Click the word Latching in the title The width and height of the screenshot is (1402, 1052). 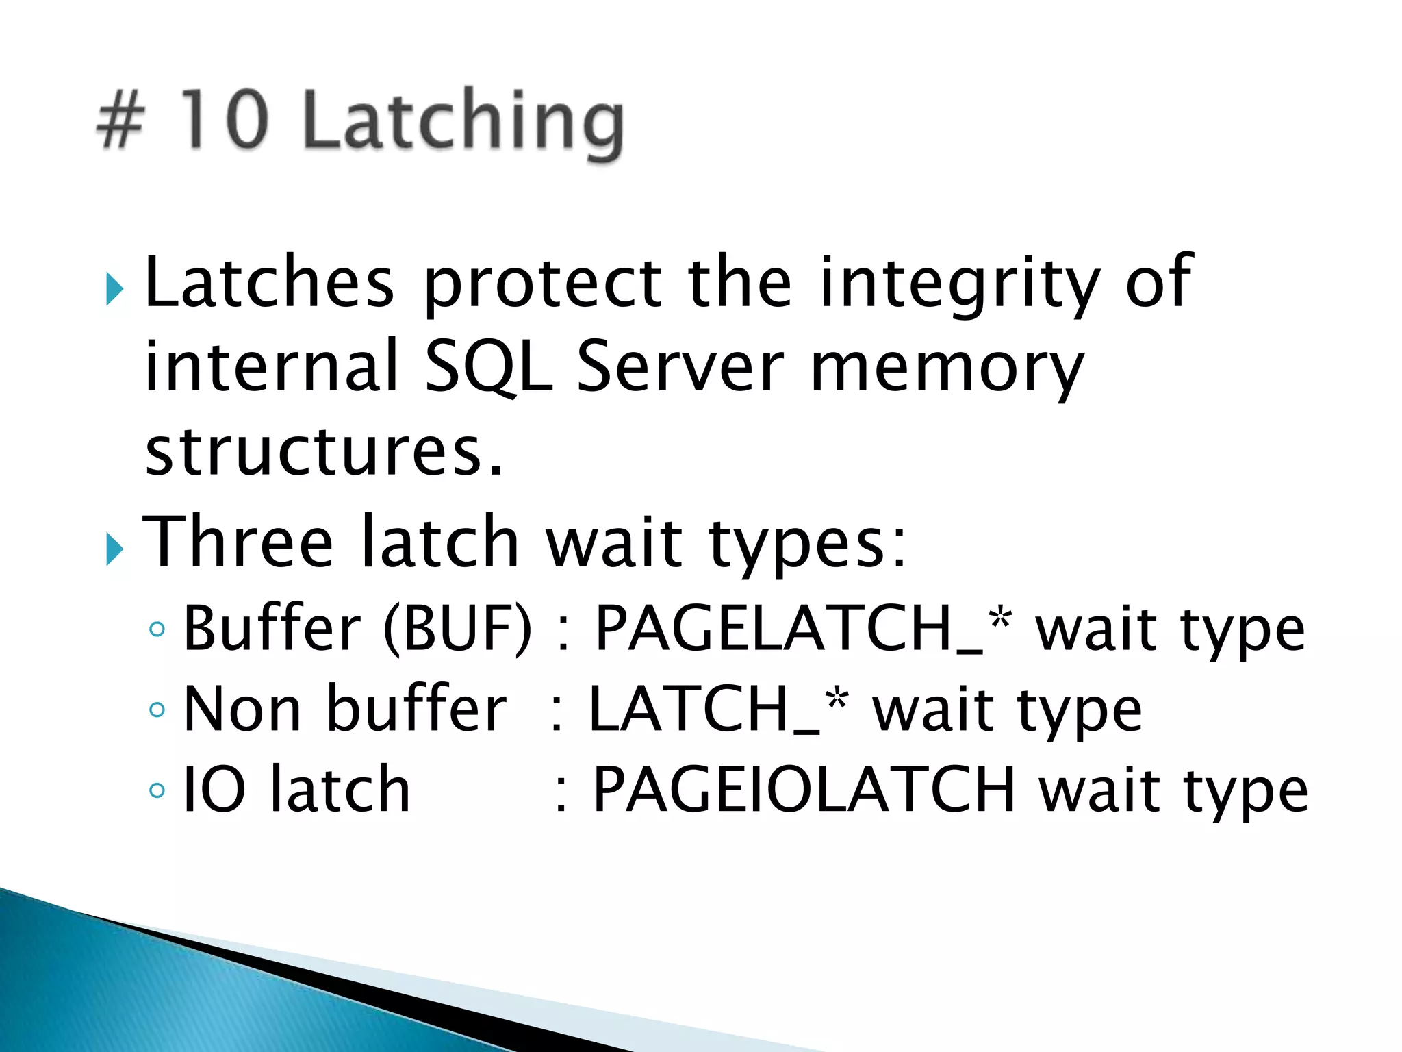463,122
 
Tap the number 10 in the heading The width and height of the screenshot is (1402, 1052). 222,119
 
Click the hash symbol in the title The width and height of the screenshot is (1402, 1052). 120,121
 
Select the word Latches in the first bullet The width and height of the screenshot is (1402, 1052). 270,281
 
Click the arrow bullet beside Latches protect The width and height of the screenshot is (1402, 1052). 114,289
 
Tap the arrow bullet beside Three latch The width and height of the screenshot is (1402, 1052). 114,549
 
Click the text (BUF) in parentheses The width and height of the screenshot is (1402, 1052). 457,628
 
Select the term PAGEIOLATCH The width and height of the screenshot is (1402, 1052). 804,790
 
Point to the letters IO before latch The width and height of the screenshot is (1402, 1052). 214,790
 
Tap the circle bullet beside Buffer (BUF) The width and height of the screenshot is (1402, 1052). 157,629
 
